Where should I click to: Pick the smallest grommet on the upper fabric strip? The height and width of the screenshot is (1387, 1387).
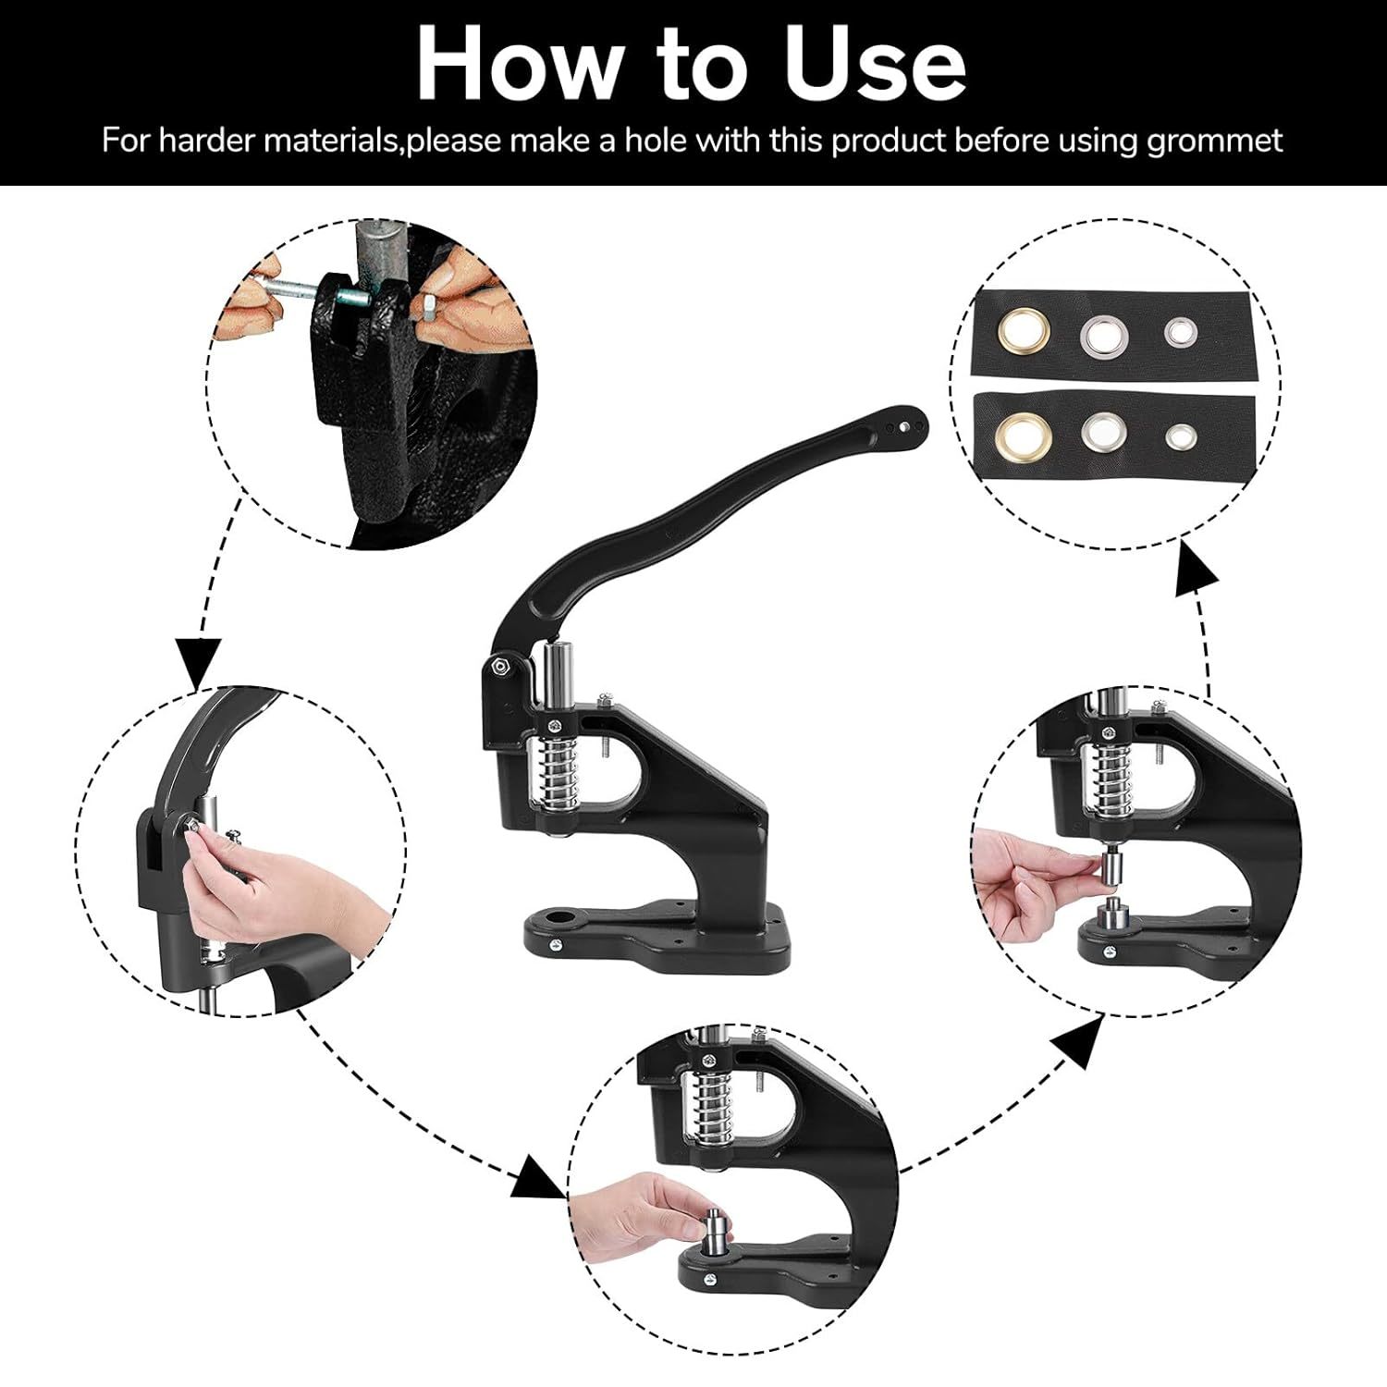pos(1178,331)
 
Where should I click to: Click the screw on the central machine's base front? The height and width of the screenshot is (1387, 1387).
pos(557,944)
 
